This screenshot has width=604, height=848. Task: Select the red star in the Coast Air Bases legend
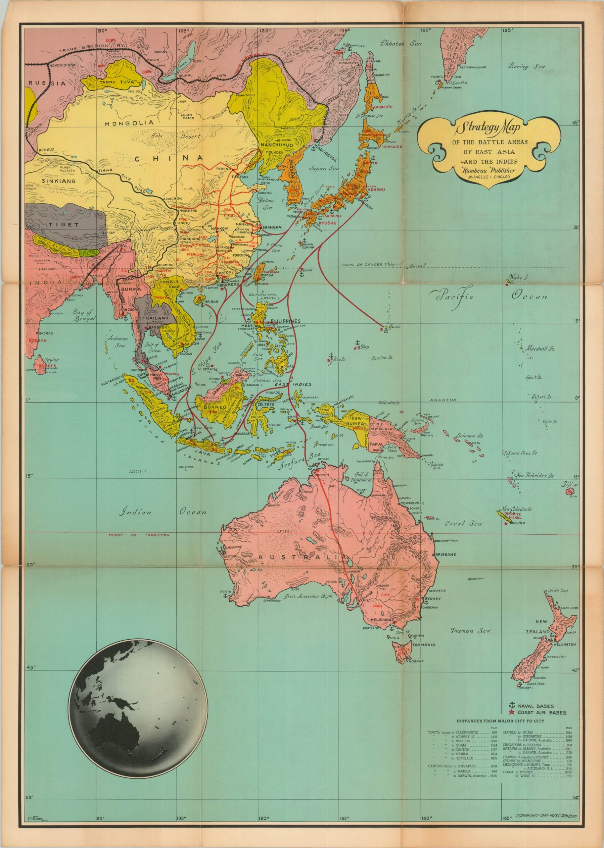coord(512,713)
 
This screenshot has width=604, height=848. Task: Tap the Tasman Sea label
coord(470,631)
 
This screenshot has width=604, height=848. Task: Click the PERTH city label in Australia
coord(225,592)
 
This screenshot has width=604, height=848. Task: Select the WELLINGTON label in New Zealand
coord(564,644)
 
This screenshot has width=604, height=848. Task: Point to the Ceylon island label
coord(52,360)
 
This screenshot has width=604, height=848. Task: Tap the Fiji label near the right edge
coord(568,484)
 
